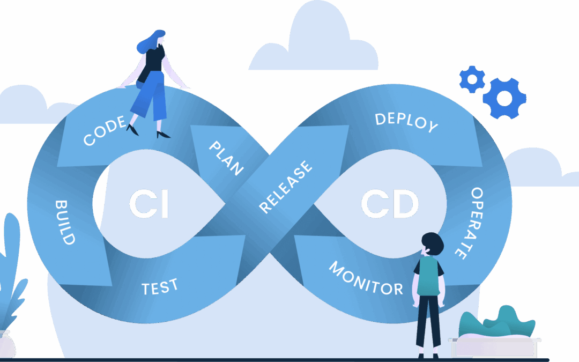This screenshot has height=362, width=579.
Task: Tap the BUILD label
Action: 64,222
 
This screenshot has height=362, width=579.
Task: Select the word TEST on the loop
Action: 160,287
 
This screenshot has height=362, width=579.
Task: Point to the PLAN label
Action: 226,158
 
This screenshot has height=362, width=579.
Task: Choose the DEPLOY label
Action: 406,122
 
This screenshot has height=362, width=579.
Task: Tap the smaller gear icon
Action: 472,79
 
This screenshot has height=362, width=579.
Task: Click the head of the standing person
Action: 432,244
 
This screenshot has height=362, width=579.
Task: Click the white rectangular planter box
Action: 493,346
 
